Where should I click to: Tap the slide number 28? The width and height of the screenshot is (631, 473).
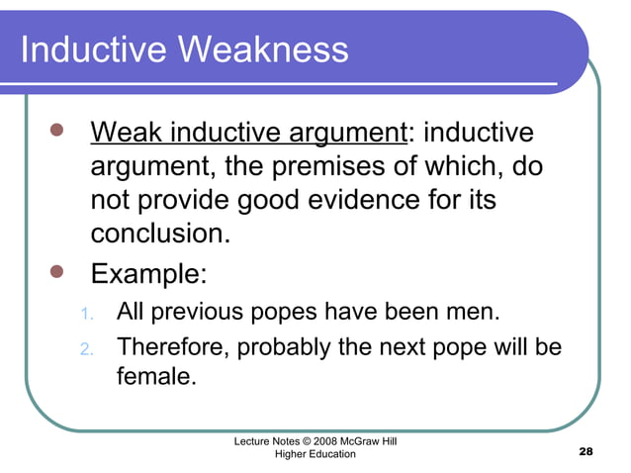tap(585, 451)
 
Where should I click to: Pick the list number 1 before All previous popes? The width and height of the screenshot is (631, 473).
tap(86, 316)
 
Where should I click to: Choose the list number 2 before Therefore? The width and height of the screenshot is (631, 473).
tap(86, 349)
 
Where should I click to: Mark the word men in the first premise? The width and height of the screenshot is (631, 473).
tap(478, 315)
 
